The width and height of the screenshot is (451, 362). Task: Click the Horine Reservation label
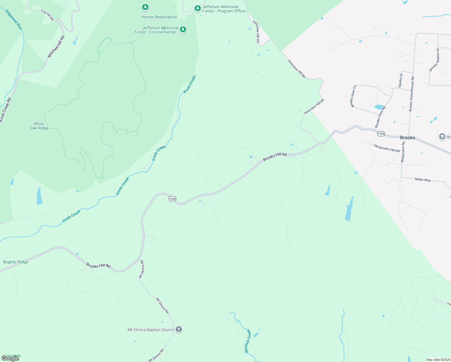[x=159, y=17]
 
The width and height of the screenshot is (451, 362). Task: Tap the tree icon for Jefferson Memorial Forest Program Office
[x=197, y=8]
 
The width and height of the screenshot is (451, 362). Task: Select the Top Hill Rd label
[x=47, y=15]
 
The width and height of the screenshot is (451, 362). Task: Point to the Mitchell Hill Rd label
[x=56, y=47]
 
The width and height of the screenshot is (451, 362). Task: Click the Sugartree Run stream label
[x=14, y=20]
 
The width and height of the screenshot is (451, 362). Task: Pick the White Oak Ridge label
[x=39, y=126]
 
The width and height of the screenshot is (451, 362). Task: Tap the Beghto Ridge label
[x=15, y=262]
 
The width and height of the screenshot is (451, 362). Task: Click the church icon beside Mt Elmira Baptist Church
[x=179, y=329]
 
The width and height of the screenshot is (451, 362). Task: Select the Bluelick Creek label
[x=248, y=341]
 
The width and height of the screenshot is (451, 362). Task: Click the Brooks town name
[x=408, y=138]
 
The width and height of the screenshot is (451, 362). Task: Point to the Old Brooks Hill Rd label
[x=387, y=148]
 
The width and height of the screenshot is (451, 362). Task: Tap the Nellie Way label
[x=423, y=179]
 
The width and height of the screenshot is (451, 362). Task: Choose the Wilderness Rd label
[x=403, y=152]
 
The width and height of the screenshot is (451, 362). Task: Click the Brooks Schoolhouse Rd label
[x=412, y=94]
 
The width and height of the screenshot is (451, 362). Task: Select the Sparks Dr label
[x=400, y=80]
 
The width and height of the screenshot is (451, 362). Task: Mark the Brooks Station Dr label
[x=434, y=60]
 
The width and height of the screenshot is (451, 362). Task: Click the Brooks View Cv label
[x=353, y=96]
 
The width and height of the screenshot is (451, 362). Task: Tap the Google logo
[x=10, y=358]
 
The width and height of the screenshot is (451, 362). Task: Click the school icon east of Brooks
[x=442, y=137]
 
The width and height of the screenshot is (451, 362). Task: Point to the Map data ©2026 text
[x=438, y=360]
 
